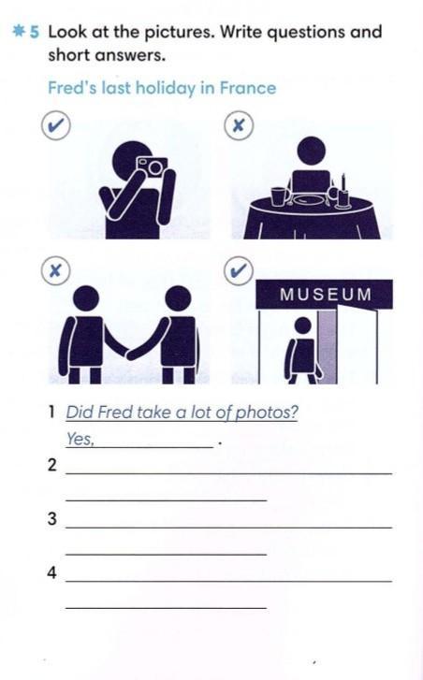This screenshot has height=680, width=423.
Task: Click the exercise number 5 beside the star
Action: tap(35, 32)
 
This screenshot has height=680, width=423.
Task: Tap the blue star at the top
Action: tap(19, 32)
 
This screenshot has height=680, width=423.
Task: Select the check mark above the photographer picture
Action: tap(56, 125)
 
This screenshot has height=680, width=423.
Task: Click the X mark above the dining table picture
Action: tap(239, 125)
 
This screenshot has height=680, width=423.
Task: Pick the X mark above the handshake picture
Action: tap(55, 270)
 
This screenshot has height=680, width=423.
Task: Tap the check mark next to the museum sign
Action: tap(239, 270)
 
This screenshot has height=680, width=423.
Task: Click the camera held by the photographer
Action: tap(152, 166)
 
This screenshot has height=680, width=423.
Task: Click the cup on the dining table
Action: tap(278, 196)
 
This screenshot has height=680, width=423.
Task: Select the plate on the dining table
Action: tap(309, 200)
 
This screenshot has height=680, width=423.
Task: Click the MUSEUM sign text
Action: tap(326, 295)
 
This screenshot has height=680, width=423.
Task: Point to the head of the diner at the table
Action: tap(311, 151)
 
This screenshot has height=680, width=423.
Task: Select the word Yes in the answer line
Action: tap(80, 439)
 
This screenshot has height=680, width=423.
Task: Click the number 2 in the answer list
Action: tap(52, 465)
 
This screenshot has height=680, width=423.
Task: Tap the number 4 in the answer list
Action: tap(52, 572)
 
